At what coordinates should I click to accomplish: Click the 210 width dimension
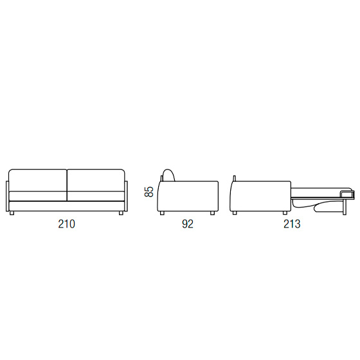(67, 224)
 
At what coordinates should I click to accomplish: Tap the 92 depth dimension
(188, 224)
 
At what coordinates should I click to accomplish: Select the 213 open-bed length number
(292, 224)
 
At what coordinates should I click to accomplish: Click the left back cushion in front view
(38, 180)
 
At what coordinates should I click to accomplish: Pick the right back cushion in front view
(96, 180)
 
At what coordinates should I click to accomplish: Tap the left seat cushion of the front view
(38, 196)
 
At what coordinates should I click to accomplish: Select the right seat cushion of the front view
(96, 196)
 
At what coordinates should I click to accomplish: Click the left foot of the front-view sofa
(12, 213)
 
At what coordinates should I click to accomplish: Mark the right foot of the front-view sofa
(121, 213)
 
